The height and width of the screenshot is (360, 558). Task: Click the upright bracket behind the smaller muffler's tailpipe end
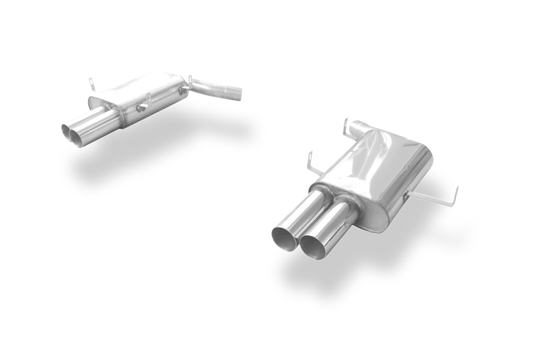pos(92,84)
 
